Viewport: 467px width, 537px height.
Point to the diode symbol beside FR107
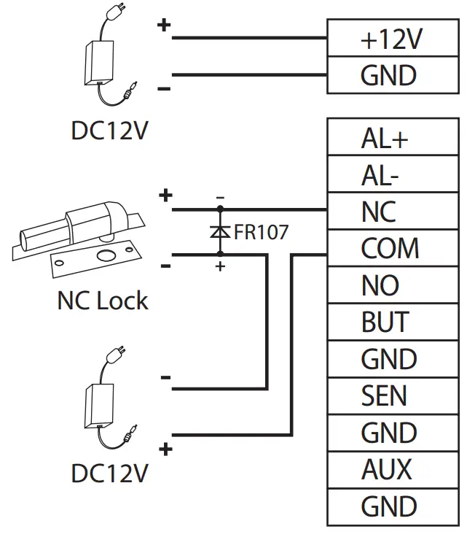click(x=220, y=232)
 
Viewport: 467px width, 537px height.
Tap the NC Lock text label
click(x=102, y=300)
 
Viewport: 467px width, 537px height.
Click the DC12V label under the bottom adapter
click(x=109, y=474)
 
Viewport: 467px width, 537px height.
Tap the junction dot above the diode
click(x=220, y=210)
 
